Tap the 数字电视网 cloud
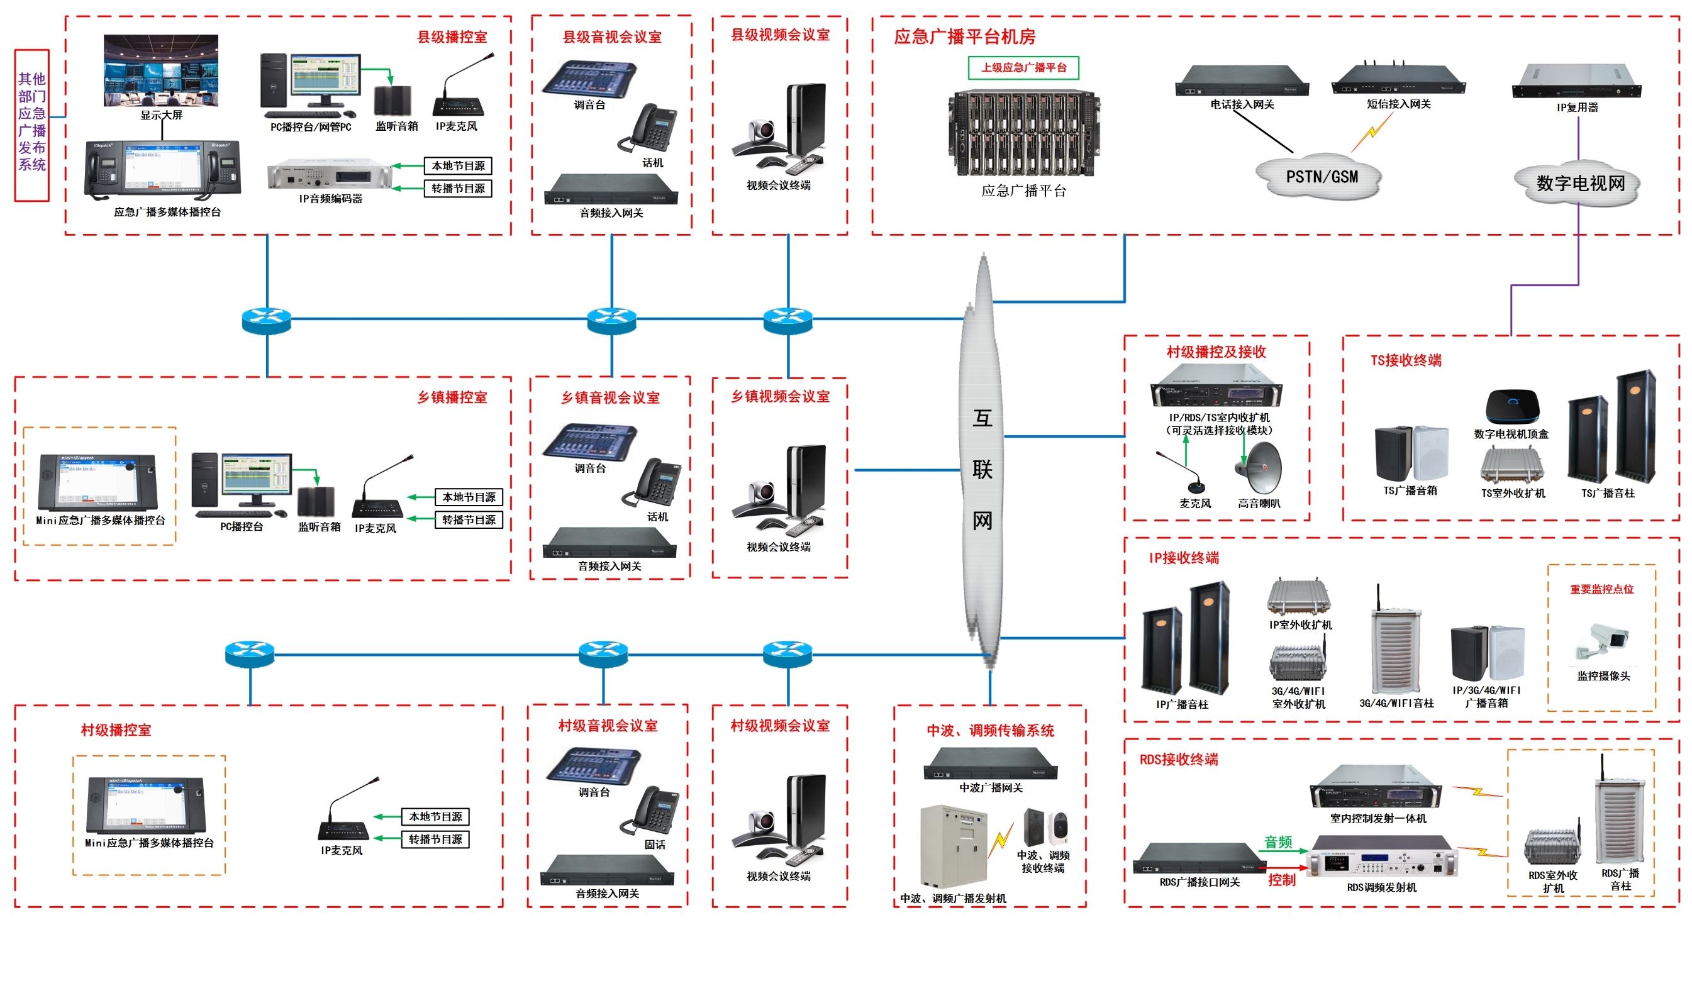point(1579,183)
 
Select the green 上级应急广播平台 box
point(1023,68)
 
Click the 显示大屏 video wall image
point(160,71)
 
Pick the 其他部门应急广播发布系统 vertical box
point(32,125)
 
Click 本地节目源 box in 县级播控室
point(458,166)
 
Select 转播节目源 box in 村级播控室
point(435,840)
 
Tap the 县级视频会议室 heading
point(779,35)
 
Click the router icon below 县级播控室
point(267,320)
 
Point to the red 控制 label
point(1281,880)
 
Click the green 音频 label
point(1277,842)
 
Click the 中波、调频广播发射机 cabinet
point(954,846)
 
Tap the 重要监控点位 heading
point(1601,589)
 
